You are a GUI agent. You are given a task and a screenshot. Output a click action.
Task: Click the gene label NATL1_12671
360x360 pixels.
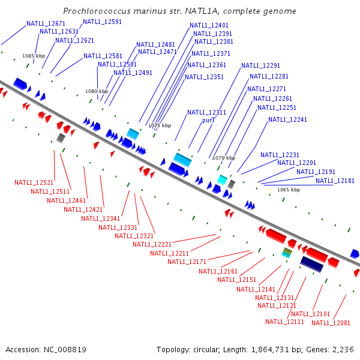[x=46, y=23]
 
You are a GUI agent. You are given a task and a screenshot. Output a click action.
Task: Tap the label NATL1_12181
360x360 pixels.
[x=335, y=181]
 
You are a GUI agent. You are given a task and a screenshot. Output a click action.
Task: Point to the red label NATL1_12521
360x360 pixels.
[x=34, y=182]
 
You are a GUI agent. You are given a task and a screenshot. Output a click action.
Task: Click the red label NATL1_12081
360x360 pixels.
[x=331, y=323]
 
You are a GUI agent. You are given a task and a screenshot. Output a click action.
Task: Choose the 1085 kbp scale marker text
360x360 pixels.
[x=34, y=56]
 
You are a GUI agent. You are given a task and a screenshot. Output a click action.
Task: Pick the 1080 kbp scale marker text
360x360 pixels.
[x=96, y=92]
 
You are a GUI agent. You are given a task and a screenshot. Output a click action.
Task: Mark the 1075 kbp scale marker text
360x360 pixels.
[x=160, y=126]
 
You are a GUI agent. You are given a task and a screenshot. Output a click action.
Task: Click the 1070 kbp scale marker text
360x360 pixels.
[x=223, y=158]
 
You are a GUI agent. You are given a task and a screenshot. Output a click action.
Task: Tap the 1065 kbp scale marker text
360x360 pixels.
[x=288, y=190]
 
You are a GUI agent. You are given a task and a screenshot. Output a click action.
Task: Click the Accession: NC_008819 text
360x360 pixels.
[x=46, y=349]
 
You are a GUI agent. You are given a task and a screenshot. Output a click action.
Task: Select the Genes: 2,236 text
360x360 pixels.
[x=333, y=349]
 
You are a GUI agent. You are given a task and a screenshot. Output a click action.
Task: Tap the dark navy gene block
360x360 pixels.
[x=312, y=264]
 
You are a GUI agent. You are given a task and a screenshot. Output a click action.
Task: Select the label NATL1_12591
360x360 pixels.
[x=102, y=22]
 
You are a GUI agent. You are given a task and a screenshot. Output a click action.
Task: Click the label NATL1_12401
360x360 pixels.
[x=209, y=26]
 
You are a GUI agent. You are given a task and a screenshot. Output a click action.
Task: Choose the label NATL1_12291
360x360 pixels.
[x=260, y=66]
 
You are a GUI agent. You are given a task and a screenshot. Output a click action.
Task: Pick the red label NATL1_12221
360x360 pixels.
[x=152, y=244]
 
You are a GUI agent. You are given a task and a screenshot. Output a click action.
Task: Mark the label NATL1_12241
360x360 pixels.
[x=287, y=120]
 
